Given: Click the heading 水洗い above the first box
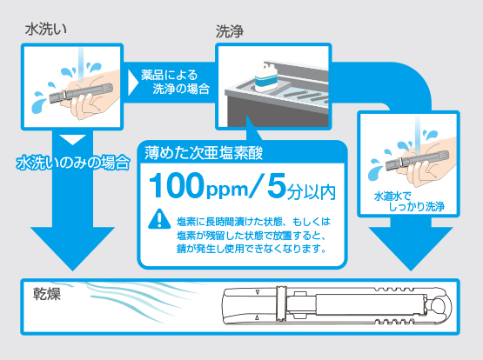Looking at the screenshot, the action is [45, 30].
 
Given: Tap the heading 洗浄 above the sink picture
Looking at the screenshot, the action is [230, 31].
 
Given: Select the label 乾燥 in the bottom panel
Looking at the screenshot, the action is [47, 294].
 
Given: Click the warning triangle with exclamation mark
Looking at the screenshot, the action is [159, 219].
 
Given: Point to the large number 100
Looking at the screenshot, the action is [177, 185].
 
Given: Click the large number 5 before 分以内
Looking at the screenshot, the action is [277, 185].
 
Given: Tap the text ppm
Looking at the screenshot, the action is [227, 190].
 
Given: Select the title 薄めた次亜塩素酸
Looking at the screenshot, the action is [204, 153].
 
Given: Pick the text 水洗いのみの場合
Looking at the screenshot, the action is [73, 163].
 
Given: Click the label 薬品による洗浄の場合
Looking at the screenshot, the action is [175, 82].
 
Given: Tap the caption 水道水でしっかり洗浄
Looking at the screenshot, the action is [409, 202].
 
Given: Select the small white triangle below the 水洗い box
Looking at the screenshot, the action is [72, 140].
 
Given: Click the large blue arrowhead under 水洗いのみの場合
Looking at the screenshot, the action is [72, 249].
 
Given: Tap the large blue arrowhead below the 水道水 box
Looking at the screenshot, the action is [411, 249].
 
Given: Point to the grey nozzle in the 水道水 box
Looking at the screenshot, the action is [417, 160].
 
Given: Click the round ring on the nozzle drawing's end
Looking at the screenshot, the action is [439, 306].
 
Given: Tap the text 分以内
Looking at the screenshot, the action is [311, 192].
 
